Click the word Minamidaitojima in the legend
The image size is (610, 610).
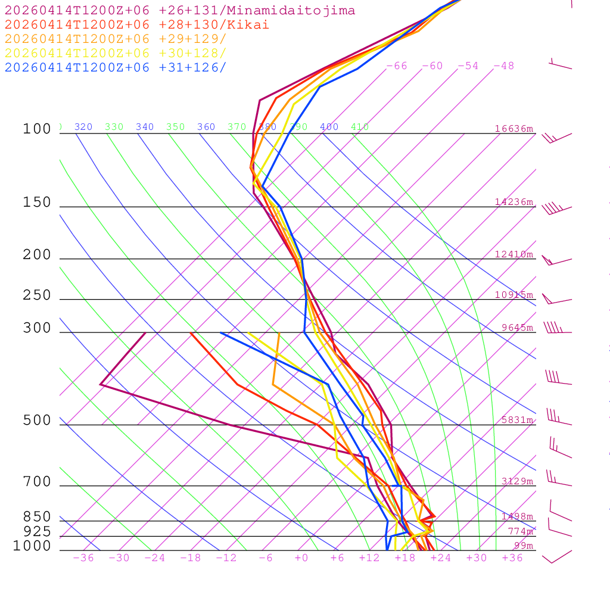tap(294, 11)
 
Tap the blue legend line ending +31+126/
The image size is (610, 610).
tap(116, 67)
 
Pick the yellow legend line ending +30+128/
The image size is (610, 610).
tap(116, 53)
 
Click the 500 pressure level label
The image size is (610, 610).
tap(37, 421)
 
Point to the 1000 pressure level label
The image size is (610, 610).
tap(32, 546)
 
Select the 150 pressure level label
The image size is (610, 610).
tap(37, 203)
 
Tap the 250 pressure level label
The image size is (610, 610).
tap(37, 295)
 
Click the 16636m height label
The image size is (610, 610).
tap(514, 129)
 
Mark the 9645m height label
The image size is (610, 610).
tap(517, 328)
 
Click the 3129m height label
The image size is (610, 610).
tap(517, 481)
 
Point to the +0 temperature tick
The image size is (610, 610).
tap(301, 558)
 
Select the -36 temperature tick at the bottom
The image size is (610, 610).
tap(83, 558)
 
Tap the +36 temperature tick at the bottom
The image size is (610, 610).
tap(512, 558)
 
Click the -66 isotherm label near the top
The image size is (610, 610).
tap(397, 66)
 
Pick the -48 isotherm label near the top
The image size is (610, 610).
tap(503, 66)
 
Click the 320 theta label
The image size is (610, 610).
tap(83, 127)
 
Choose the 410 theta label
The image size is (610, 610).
tap(360, 127)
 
